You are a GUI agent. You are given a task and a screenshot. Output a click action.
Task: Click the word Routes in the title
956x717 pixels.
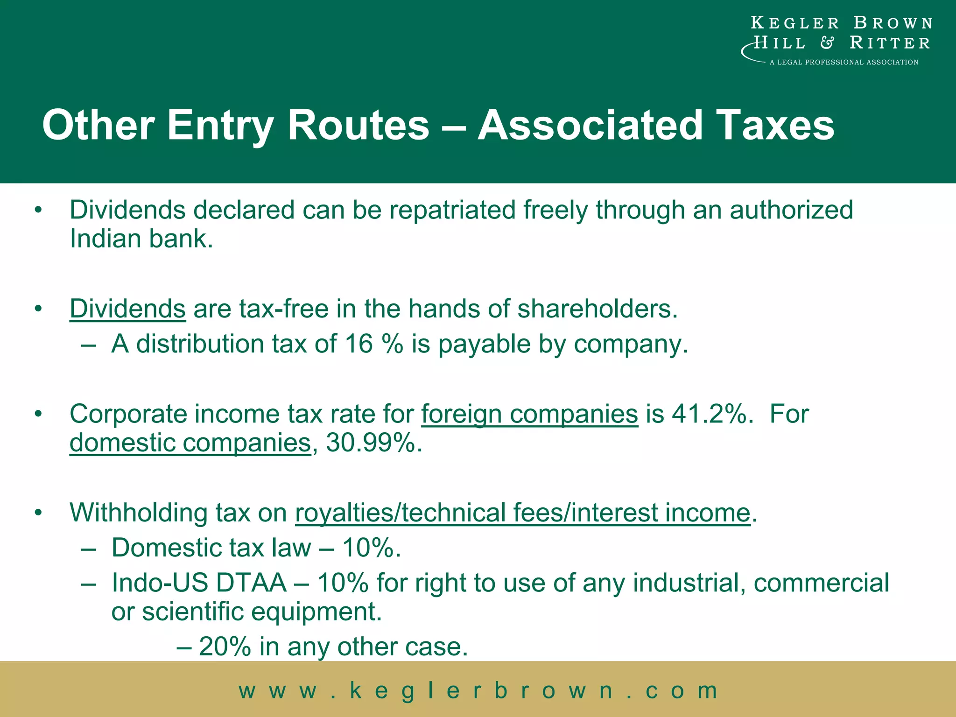tap(358, 125)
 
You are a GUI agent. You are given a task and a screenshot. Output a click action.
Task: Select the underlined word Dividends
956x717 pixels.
tap(127, 309)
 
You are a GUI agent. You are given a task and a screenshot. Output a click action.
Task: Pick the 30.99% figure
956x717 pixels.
tap(373, 443)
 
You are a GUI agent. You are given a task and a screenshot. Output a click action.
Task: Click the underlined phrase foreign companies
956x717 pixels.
tap(529, 414)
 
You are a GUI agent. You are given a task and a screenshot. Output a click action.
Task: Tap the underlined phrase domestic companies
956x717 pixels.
tap(190, 443)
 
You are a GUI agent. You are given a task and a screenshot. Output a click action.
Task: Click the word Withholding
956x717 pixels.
tap(138, 513)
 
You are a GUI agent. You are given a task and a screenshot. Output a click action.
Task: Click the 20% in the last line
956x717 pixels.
tap(225, 647)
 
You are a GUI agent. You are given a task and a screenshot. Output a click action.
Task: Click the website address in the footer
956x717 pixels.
tap(478, 690)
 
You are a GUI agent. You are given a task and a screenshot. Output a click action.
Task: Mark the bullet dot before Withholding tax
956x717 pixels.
tap(38, 513)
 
